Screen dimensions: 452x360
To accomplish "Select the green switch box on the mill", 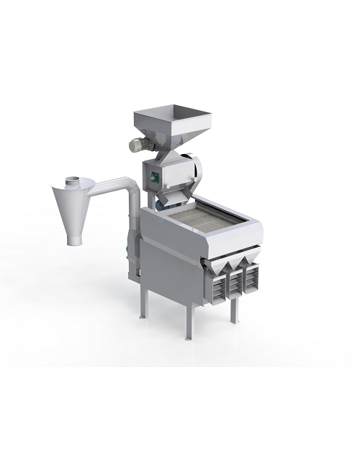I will pyautogui.click(x=152, y=173).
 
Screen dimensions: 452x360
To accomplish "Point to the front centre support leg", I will pyautogui.click(x=189, y=320).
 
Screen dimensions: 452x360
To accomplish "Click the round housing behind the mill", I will pyautogui.click(x=194, y=170).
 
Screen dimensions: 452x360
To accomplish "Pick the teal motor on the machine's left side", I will pyautogui.click(x=129, y=248).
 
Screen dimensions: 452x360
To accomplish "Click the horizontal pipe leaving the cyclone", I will pyautogui.click(x=105, y=184).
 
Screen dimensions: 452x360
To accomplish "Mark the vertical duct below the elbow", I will pyautogui.click(x=134, y=216).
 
